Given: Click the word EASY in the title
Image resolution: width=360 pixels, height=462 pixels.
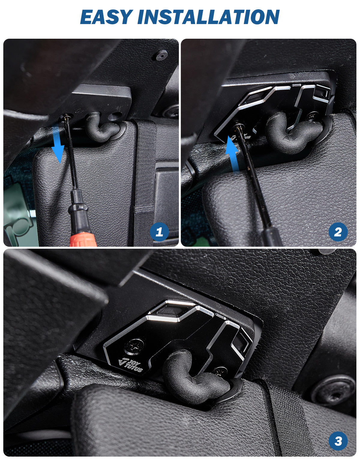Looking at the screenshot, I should [x=106, y=17].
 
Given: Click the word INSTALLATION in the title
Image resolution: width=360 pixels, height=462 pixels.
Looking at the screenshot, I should [x=208, y=17].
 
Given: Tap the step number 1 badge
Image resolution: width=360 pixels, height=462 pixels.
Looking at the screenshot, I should [x=159, y=232].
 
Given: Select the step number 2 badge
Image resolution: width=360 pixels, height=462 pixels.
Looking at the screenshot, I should [x=338, y=232].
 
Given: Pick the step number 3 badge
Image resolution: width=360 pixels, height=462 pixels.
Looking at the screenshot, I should [x=338, y=441].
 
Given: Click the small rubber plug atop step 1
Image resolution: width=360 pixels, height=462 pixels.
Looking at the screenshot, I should [x=161, y=55].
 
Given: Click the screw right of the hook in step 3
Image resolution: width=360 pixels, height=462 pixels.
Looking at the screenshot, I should [x=221, y=372].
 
